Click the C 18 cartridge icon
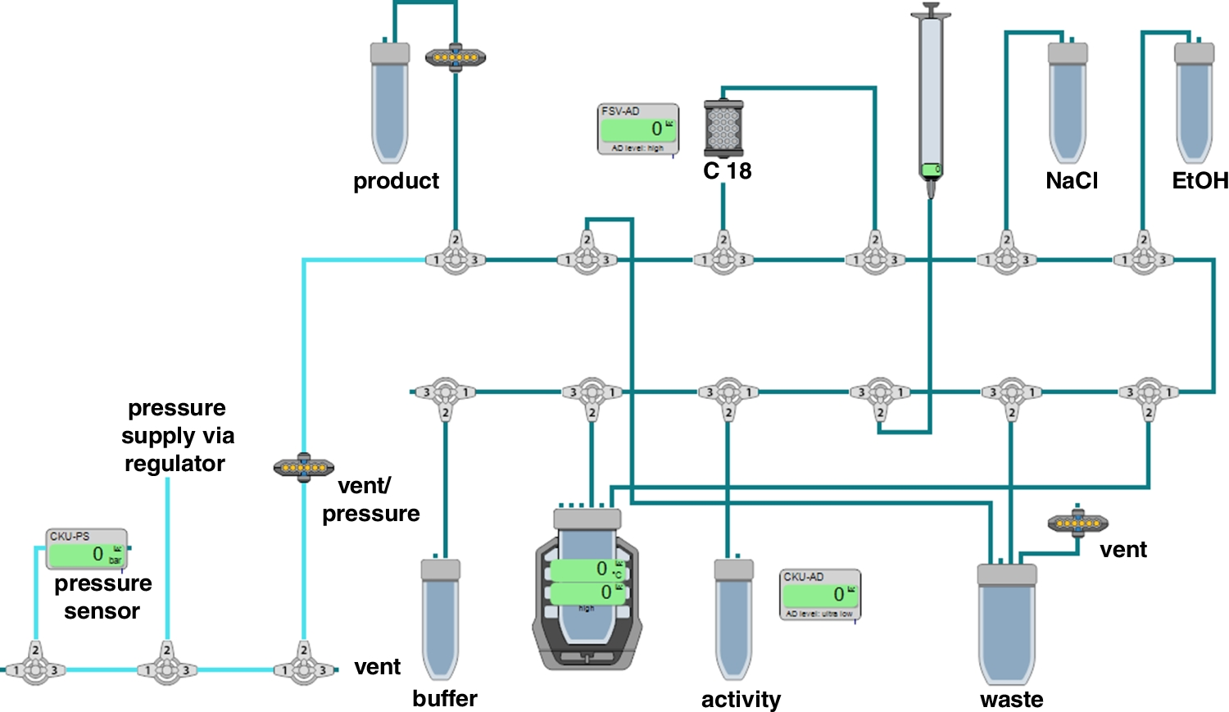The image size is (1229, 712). coord(723,129)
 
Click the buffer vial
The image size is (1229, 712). coord(441,619)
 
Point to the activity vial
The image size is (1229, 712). coord(733,619)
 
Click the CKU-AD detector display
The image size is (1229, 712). coord(820,594)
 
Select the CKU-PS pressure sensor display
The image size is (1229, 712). coord(86,549)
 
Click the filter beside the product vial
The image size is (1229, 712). coord(456,57)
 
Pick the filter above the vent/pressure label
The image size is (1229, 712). coord(304,468)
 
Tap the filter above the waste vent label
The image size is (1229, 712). coord(1077,522)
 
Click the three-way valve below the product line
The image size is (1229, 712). coord(456,259)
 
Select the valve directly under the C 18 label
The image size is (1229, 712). coord(723,259)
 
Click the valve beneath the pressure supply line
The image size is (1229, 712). coord(167,669)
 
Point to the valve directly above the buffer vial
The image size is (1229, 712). coord(445,393)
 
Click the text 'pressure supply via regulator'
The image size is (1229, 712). coord(176,435)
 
